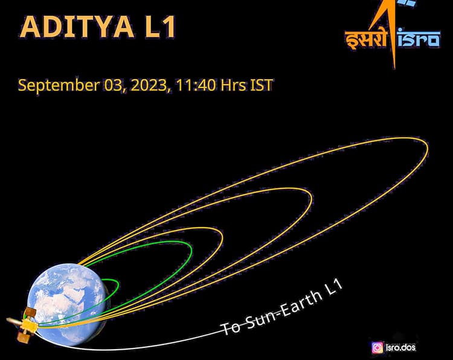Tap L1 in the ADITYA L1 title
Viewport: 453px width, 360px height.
[156, 28]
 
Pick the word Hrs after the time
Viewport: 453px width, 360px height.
[233, 85]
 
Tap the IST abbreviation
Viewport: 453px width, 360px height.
[262, 85]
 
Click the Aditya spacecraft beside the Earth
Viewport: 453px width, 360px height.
[24, 324]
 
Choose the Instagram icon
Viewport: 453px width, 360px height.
[377, 347]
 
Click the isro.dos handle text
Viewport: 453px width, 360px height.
[401, 347]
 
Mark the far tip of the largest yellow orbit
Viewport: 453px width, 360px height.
[427, 149]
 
